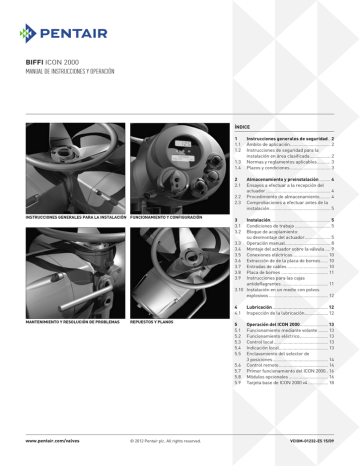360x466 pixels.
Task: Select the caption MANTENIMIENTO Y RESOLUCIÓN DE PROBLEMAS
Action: pyautogui.click(x=74, y=322)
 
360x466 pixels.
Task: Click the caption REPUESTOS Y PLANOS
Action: pyautogui.click(x=156, y=322)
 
